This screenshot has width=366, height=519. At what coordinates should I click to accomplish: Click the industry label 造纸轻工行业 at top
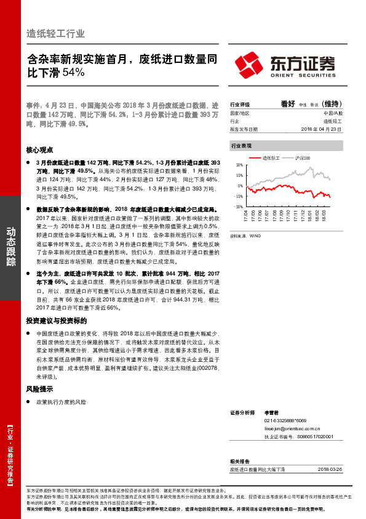55,33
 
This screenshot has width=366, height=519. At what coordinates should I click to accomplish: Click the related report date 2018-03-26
331,469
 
